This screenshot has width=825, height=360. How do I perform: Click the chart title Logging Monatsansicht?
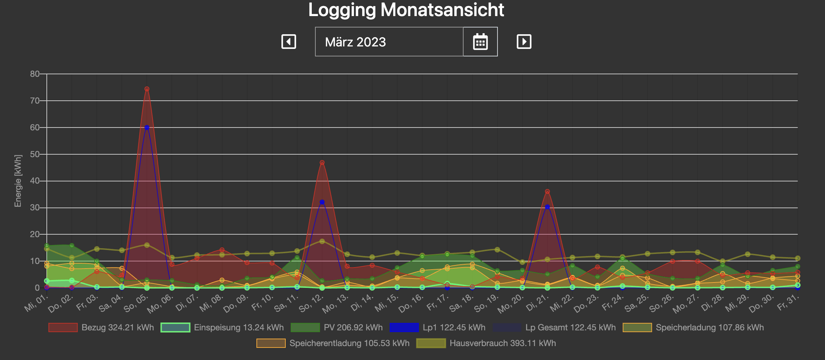[406, 10]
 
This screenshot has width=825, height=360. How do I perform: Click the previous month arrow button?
[289, 42]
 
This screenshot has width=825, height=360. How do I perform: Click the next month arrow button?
[524, 42]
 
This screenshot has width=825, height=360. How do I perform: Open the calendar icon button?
[480, 42]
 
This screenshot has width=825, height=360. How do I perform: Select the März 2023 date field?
[389, 42]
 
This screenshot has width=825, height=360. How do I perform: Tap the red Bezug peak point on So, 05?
[147, 89]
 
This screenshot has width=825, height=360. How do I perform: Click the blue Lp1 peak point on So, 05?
[147, 127]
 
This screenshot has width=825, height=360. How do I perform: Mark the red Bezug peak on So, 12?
[322, 162]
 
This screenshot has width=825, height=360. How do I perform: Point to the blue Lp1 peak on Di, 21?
[547, 207]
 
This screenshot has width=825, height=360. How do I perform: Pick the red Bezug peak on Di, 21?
[547, 191]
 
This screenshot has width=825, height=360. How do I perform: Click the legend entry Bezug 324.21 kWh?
[101, 327]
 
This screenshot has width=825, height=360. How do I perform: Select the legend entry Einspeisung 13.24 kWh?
[222, 327]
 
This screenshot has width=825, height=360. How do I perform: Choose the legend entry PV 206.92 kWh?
[337, 327]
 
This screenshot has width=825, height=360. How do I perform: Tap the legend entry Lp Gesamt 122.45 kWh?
[554, 327]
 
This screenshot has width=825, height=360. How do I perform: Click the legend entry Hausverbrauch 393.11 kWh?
[486, 343]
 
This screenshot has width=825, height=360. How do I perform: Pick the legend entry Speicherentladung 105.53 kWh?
[333, 343]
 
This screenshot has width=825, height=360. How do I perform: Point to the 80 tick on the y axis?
[35, 74]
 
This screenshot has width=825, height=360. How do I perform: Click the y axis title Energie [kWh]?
[18, 181]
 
